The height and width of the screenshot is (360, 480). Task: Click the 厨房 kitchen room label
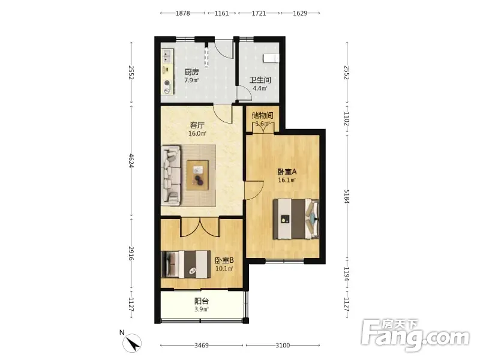[x=191, y=72]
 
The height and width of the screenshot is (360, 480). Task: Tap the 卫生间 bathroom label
[x=260, y=80]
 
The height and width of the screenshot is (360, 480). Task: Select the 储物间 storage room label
[x=262, y=115]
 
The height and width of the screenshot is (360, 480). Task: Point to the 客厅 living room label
[x=197, y=125]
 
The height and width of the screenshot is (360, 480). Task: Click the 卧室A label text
[x=287, y=172]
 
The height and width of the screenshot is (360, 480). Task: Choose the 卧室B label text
[x=224, y=260]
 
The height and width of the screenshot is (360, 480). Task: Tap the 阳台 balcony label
[x=202, y=301]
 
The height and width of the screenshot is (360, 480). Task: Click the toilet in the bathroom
[x=271, y=58]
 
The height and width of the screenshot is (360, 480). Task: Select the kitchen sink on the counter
[x=167, y=56]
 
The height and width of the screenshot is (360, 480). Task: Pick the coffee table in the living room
[x=197, y=175]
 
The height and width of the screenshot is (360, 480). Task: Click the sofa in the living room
[x=171, y=175]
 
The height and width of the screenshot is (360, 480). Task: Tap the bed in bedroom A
[x=296, y=218]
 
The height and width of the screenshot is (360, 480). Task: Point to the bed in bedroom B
[x=186, y=264]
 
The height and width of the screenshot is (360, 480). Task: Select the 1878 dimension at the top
[x=183, y=13]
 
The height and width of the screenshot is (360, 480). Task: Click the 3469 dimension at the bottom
[x=202, y=346]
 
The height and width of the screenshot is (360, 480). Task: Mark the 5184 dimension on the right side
[x=347, y=196]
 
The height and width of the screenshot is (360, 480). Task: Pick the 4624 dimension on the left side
[x=131, y=160]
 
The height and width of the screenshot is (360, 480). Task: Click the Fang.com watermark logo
[x=415, y=335]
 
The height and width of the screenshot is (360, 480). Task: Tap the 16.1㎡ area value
[x=286, y=180]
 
